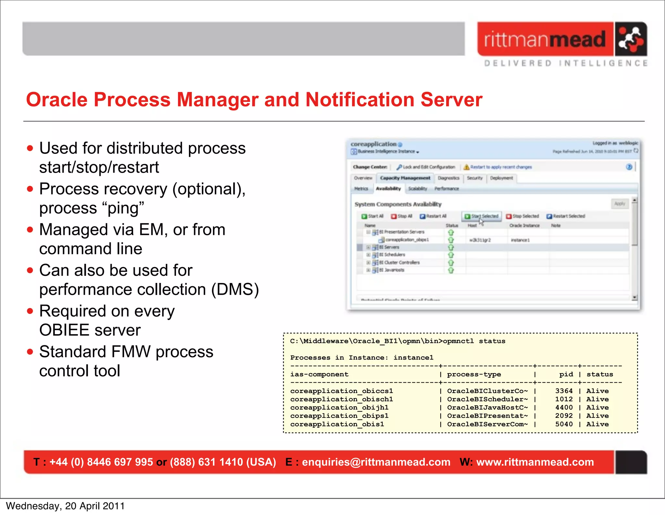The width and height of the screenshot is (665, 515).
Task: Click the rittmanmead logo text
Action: coord(545,39)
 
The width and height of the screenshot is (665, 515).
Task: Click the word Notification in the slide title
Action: coord(360,100)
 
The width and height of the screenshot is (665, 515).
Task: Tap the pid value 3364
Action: coord(564,391)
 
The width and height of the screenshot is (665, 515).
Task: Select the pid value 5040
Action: coord(564,424)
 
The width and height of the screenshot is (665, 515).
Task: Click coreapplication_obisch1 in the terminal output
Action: coord(341,399)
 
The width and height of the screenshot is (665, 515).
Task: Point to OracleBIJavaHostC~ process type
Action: coord(487,407)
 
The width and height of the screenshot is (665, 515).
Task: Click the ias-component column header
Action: coord(319,374)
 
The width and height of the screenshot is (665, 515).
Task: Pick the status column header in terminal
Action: coord(599,374)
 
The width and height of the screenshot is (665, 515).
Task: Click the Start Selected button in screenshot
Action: coord(482,216)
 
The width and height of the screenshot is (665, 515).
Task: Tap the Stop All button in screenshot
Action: coord(402,216)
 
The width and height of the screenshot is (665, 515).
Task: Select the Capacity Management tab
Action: coord(405,178)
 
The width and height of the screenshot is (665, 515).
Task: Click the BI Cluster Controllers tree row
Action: coord(402,262)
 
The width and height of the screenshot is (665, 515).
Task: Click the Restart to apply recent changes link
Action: coord(501,167)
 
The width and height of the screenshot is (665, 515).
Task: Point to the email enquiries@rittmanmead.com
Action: coord(376,462)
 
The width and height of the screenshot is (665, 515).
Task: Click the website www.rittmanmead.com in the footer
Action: coord(535,462)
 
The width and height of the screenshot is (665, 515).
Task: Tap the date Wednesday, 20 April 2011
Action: coord(65,506)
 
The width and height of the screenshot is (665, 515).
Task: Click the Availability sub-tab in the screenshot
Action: coord(388,189)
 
